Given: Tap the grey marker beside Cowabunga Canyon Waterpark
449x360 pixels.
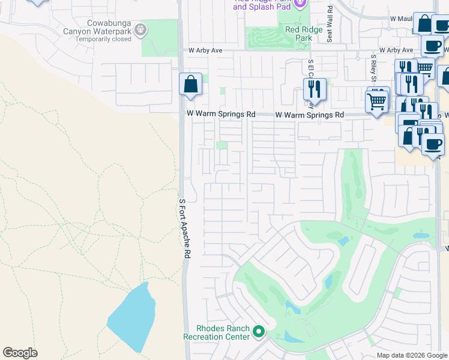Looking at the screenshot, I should coord(140,29).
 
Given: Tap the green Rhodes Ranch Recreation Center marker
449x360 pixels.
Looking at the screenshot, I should coord(259,331).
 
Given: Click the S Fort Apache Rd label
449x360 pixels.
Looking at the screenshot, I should coord(184,229).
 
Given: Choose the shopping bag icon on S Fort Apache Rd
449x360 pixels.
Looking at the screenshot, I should coord(190,85).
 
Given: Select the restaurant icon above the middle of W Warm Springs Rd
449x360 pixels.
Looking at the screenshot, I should coord(315,89).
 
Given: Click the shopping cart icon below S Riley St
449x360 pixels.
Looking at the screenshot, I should coord(378,101).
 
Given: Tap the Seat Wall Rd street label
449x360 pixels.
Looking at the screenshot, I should coord(330,25).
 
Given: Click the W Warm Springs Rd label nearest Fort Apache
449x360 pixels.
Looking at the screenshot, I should coord(221,113).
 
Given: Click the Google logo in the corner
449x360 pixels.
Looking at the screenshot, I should coord(20,353).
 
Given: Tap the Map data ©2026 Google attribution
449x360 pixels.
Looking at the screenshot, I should coord(411,355).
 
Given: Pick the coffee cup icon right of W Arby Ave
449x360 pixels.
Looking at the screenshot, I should coord(432,46).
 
